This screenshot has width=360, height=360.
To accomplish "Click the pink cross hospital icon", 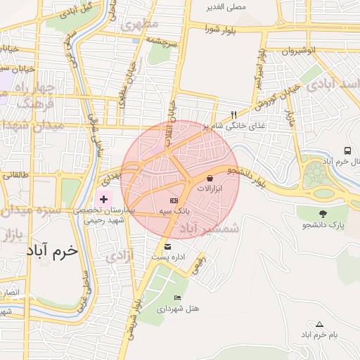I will click(104, 200).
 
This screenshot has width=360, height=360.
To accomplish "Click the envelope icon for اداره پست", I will click(167, 247).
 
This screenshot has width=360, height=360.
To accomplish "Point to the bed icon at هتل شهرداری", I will click(177, 298).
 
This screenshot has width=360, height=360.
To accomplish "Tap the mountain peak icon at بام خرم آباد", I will click(320, 324).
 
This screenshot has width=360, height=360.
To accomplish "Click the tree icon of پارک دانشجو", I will click(323, 214).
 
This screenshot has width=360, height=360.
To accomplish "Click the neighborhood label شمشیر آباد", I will click(209, 229).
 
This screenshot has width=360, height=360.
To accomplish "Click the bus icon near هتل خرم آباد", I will click(347, 151).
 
